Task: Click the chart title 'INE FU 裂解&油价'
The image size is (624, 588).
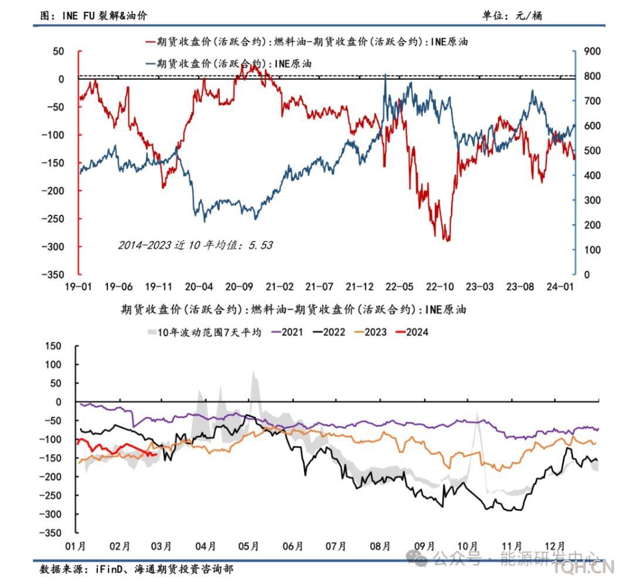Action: (94, 16)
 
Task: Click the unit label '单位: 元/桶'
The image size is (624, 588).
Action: (512, 16)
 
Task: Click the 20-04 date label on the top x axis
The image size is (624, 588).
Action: (199, 287)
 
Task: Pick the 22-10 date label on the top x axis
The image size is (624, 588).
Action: (440, 287)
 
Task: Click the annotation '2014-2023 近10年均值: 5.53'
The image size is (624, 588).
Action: (195, 245)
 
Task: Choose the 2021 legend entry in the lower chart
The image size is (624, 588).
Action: (287, 332)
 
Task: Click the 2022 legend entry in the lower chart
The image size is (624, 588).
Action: (329, 332)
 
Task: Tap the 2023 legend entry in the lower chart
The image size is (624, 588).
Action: (371, 332)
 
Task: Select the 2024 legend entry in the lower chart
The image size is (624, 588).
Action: (412, 332)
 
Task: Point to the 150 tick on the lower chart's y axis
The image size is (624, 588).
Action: (53, 346)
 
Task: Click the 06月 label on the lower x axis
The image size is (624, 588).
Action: (292, 546)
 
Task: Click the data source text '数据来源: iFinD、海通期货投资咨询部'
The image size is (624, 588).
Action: (136, 569)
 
